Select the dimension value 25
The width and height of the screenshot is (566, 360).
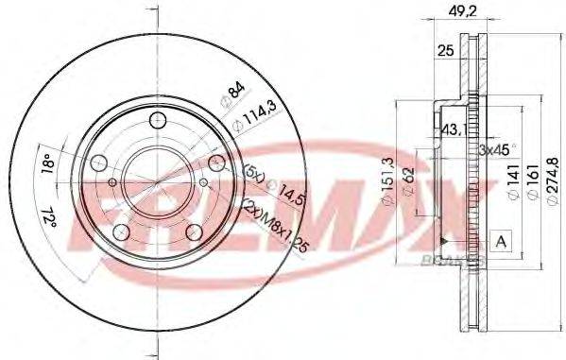tap(445, 52)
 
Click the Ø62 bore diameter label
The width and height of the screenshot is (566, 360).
tap(409, 180)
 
